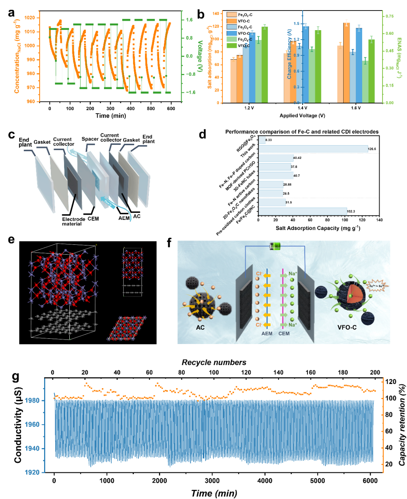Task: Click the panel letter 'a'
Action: coord(12,14)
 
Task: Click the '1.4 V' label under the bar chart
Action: coord(302,108)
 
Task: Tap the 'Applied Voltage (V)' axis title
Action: coord(302,116)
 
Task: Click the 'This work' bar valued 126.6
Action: coord(313,149)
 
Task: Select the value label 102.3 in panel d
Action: coord(351,212)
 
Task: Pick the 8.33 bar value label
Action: coord(269,140)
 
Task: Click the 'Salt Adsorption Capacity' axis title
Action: coord(318,228)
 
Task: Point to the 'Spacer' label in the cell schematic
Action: coord(90,139)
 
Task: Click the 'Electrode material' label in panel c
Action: coord(73,221)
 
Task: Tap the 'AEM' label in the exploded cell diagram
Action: coord(124,218)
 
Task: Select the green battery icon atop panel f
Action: coord(275,247)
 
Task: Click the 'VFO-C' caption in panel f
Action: coord(347,327)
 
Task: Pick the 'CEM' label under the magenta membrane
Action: coord(284,333)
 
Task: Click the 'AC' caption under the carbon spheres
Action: coord(200,327)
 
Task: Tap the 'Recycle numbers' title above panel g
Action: coord(214,362)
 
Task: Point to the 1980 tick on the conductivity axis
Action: coord(32,401)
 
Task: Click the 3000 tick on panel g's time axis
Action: coord(212,481)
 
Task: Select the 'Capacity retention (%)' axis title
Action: coord(402,425)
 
